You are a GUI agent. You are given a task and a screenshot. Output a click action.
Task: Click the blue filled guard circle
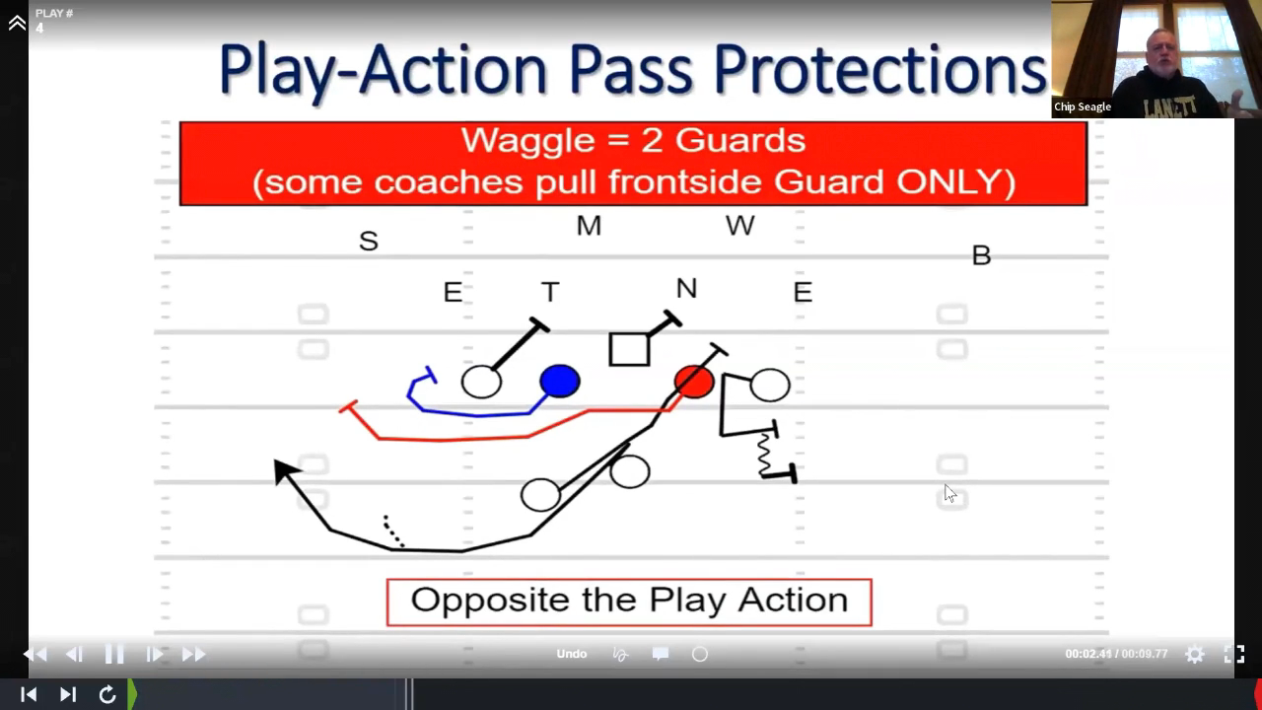pos(559,381)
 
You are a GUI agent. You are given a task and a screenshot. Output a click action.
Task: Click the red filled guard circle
pos(694,382)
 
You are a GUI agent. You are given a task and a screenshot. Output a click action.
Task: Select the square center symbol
pos(629,349)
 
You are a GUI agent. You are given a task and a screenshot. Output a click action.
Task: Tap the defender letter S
pos(369,242)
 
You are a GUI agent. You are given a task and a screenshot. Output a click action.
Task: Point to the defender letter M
pos(589,226)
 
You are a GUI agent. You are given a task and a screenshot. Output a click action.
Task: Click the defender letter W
pos(739,226)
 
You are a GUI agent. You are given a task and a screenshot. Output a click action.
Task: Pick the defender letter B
pos(981,255)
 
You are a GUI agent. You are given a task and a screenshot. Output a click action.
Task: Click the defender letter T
pos(550,292)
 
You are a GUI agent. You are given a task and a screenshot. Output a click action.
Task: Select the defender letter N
pos(686,289)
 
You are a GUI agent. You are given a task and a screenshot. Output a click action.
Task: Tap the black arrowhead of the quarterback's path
pos(285,471)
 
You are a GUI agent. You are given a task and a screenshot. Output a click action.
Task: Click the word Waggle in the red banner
pos(527,140)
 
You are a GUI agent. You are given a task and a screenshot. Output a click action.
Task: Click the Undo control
pos(571,654)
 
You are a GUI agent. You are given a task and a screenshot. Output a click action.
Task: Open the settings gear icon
pos(1194,654)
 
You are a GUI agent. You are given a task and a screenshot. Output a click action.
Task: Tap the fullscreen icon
pos(1233,654)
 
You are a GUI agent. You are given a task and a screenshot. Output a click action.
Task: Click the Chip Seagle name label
pos(1083,106)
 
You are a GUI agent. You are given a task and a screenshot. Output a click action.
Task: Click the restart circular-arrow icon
pos(107,694)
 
